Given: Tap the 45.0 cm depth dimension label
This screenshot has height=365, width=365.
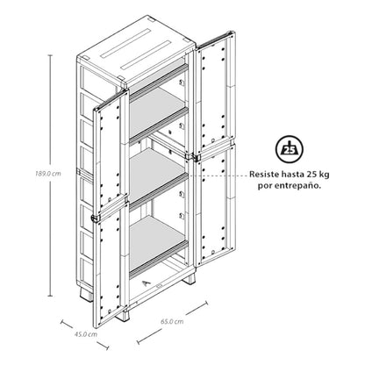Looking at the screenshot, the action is pos(85,334).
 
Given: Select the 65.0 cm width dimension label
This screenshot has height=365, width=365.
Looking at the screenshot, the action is pos(172,321).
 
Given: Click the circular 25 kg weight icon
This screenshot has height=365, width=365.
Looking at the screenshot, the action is pos(290,149).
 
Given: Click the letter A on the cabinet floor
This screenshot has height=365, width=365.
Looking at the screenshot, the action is pos(147,283).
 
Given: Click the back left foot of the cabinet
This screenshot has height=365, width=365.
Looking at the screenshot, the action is pos(87,295).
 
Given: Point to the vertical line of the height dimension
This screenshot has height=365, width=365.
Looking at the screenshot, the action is pos(51,175).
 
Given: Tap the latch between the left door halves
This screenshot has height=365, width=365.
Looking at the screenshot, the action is pos(96,218).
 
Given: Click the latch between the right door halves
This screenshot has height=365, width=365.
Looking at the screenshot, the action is pos(195,157).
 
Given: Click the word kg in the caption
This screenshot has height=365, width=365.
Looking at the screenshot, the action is pos(325,175).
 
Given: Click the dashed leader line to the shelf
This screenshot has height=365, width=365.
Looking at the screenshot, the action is pos(218,175).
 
